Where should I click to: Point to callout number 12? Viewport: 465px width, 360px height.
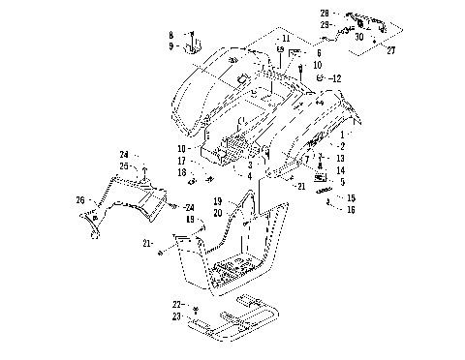click(x=336, y=76)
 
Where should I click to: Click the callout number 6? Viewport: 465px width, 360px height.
click(x=318, y=54)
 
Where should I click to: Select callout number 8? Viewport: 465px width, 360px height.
click(x=170, y=35)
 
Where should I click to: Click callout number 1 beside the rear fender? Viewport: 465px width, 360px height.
click(x=340, y=134)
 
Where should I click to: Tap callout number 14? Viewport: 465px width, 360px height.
click(x=340, y=169)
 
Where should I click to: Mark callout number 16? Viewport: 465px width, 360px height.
click(x=351, y=208)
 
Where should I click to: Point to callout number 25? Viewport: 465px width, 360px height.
click(x=124, y=166)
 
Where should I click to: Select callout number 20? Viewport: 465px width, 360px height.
click(x=218, y=212)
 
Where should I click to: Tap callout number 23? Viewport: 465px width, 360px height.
click(x=177, y=315)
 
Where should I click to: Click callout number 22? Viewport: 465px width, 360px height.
click(x=177, y=304)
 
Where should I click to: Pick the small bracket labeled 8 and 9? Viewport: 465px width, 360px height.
click(x=193, y=42)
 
